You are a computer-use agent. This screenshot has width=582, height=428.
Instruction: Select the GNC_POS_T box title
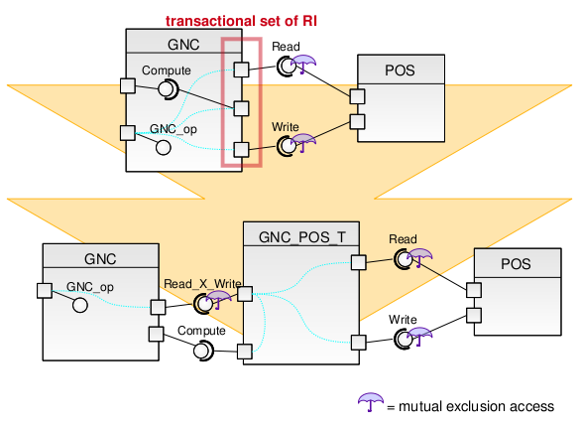click(x=301, y=237)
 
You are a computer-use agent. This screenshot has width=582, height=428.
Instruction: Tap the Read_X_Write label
click(x=202, y=284)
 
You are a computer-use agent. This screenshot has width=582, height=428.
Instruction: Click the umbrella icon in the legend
click(x=371, y=402)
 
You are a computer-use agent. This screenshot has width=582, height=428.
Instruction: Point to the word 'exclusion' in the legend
click(x=475, y=406)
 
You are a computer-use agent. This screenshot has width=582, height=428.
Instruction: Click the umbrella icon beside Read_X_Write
click(x=218, y=299)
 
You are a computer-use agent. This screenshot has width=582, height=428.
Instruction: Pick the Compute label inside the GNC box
click(x=167, y=71)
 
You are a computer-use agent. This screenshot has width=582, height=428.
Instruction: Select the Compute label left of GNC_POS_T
click(x=201, y=331)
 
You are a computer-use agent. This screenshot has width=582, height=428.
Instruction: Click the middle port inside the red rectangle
click(x=241, y=108)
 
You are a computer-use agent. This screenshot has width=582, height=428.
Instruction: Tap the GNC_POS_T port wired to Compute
click(x=245, y=352)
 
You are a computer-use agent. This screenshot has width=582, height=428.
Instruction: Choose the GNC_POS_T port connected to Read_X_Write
click(x=245, y=294)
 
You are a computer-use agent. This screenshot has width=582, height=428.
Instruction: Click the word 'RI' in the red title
click(x=309, y=21)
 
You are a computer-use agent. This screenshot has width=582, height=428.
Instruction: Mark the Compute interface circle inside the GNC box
click(x=169, y=89)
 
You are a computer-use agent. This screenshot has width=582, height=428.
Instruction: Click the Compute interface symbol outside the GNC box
click(x=203, y=351)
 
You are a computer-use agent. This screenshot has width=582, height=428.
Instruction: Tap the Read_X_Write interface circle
click(x=203, y=304)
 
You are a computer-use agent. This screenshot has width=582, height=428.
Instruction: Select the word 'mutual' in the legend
click(x=420, y=406)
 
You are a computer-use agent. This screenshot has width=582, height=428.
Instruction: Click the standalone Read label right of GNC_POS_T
click(x=403, y=239)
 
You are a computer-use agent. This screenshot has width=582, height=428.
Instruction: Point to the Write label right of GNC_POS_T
click(x=403, y=320)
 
